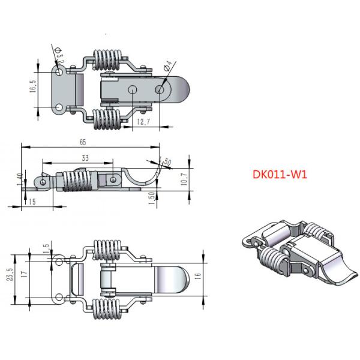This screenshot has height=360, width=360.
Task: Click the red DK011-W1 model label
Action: click(x=280, y=176)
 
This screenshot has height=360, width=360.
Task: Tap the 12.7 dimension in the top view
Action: click(x=143, y=122)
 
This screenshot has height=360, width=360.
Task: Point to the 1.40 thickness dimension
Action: click(x=20, y=178)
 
